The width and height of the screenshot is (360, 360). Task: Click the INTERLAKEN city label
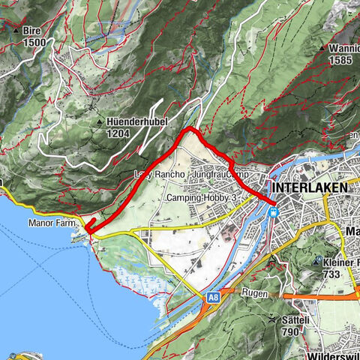311,187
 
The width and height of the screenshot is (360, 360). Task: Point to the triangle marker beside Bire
16,31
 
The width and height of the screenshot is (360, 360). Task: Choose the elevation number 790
292,331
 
